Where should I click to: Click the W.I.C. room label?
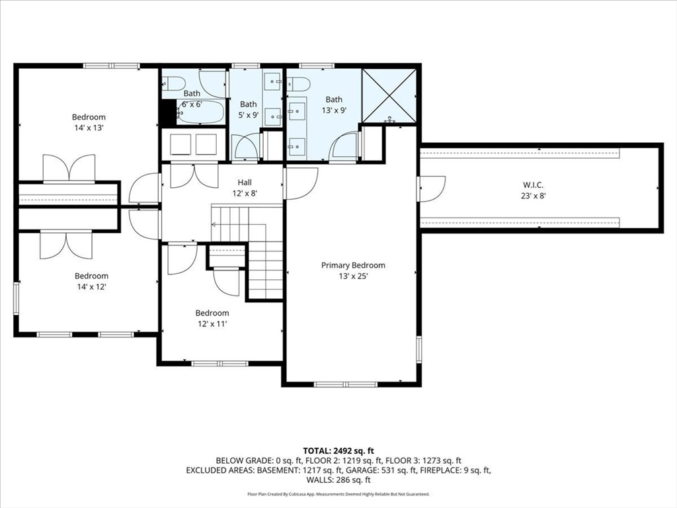coord(533,185)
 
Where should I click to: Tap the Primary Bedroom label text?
coord(353,265)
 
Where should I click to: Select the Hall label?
coord(245,183)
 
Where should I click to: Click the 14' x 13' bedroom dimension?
coord(89,128)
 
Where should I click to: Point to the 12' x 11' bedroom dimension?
coord(212,324)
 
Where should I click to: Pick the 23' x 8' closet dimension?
coord(534,196)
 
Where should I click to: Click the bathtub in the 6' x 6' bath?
coord(200,112)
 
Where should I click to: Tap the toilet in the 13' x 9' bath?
coord(299,84)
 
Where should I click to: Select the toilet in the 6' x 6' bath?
coord(174,83)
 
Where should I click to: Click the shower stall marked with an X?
coord(389,95)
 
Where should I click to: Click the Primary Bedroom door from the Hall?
coord(301,183)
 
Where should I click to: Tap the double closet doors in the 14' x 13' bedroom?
coord(69,169)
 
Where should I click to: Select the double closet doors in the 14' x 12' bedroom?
coord(66,245)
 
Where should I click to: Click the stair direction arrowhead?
coord(214,225)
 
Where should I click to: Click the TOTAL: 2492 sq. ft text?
coord(338,451)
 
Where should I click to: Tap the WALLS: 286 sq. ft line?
coord(338,480)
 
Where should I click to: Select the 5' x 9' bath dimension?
coord(249,115)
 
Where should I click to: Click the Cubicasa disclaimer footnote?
coord(338,494)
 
